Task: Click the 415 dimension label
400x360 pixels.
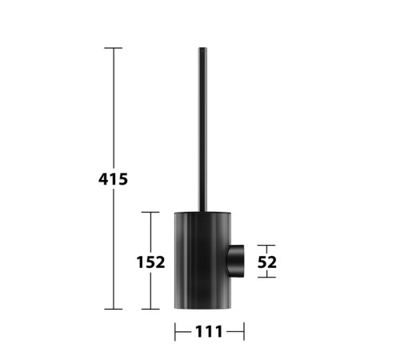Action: [113, 179]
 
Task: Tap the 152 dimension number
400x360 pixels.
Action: [150, 262]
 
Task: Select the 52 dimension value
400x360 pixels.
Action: [267, 262]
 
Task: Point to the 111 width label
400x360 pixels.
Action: [209, 332]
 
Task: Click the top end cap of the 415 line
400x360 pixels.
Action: [114, 48]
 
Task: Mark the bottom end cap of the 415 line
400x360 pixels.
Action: [114, 309]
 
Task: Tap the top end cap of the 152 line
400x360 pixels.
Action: [150, 212]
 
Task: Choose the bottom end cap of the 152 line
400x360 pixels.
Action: [150, 309]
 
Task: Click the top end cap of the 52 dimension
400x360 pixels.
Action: [266, 246]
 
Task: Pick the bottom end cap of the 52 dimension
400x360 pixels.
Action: [266, 278]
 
